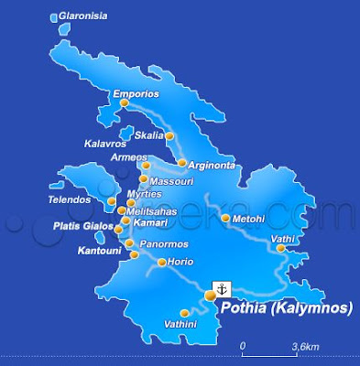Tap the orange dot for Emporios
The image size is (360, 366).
[125, 102]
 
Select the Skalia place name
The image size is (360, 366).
[148, 135]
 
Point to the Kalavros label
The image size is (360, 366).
[104, 144]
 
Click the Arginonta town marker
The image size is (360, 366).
[182, 164]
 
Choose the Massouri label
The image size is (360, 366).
[169, 181]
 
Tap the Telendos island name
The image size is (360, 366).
[71, 199]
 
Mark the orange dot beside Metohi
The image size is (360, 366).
[225, 218]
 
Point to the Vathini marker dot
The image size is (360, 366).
[183, 311]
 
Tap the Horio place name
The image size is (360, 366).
[181, 263]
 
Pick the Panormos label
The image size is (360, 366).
[165, 244]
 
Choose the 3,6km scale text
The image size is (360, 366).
[305, 347]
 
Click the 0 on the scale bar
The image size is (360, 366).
[243, 347]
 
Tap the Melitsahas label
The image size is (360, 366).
[151, 210]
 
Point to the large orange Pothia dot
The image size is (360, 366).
[211, 296]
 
